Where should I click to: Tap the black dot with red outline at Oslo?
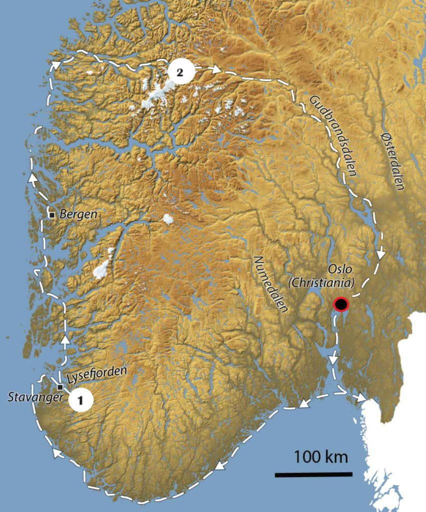[341, 304]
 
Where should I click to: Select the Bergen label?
[78, 214]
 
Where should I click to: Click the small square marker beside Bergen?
[52, 215]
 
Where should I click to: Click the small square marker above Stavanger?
[60, 387]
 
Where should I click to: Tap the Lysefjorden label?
[96, 374]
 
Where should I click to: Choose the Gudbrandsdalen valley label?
[332, 135]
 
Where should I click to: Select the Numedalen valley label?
[271, 283]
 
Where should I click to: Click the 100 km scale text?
[320, 456]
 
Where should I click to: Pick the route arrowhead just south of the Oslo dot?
[333, 359]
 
